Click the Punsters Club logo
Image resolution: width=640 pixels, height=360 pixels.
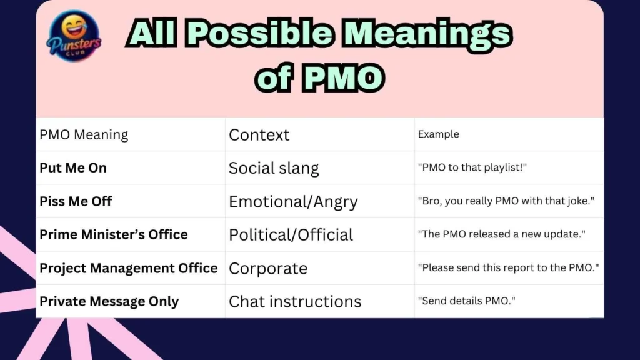[x=74, y=36]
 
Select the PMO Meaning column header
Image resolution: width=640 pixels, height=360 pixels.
[x=84, y=134]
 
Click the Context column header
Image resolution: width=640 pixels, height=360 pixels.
[x=259, y=134]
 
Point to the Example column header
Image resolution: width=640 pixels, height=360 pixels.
[x=438, y=134]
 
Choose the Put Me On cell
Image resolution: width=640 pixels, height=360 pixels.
[x=73, y=167]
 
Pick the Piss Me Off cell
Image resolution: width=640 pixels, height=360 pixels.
[x=76, y=201]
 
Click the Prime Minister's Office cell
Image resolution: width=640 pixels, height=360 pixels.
[x=114, y=234]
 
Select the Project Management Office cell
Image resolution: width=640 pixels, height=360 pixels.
[x=128, y=268]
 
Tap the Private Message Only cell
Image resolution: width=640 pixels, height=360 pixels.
[x=109, y=301]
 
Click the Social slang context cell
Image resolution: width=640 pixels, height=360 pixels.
[x=274, y=168]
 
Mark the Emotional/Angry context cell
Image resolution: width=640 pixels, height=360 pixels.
[x=293, y=202]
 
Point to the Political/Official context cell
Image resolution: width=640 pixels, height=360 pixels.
[x=291, y=235]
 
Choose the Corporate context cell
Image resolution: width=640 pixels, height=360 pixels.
[x=268, y=268]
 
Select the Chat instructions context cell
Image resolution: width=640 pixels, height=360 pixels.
[x=295, y=302]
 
